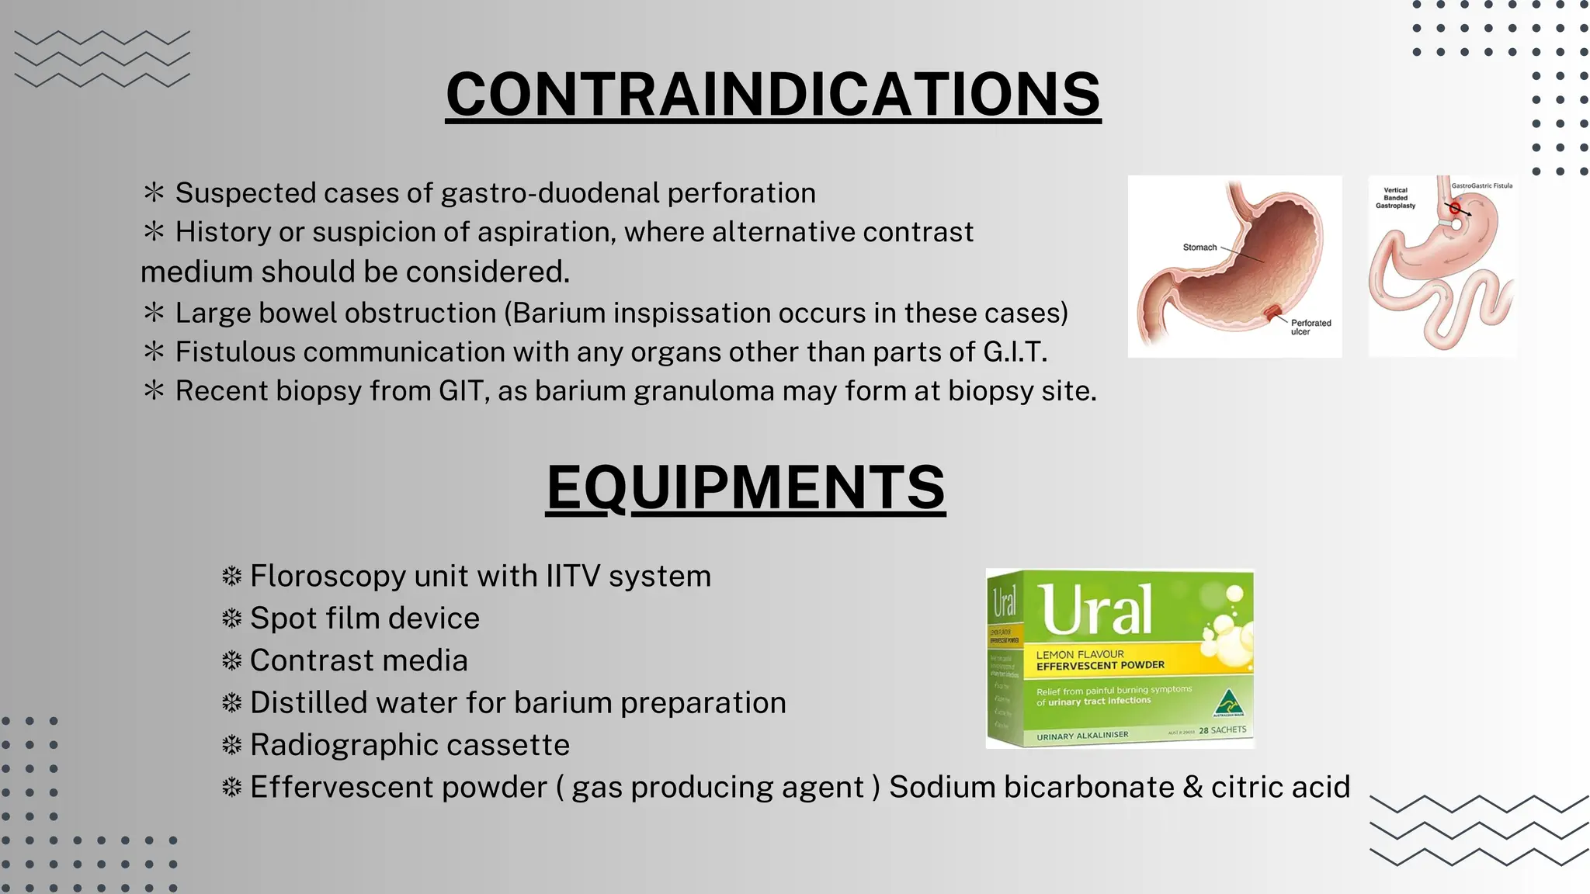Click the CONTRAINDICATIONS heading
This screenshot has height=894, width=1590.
tap(773, 94)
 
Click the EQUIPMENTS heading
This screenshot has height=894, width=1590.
tap(745, 487)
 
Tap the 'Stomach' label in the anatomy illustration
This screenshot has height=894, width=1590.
tap(1199, 248)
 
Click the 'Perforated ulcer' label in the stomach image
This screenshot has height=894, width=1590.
tap(1311, 327)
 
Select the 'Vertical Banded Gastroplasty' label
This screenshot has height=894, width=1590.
tap(1395, 198)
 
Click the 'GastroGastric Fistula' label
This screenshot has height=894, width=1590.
tap(1481, 185)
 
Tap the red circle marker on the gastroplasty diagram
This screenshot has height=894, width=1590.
tap(1455, 208)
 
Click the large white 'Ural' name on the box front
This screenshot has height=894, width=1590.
tap(1096, 610)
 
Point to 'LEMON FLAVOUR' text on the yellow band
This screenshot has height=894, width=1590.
tap(1080, 654)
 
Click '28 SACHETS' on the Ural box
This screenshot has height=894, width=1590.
tap(1222, 730)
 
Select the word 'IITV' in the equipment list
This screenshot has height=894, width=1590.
tap(573, 577)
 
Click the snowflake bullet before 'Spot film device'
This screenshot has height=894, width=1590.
tap(231, 619)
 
